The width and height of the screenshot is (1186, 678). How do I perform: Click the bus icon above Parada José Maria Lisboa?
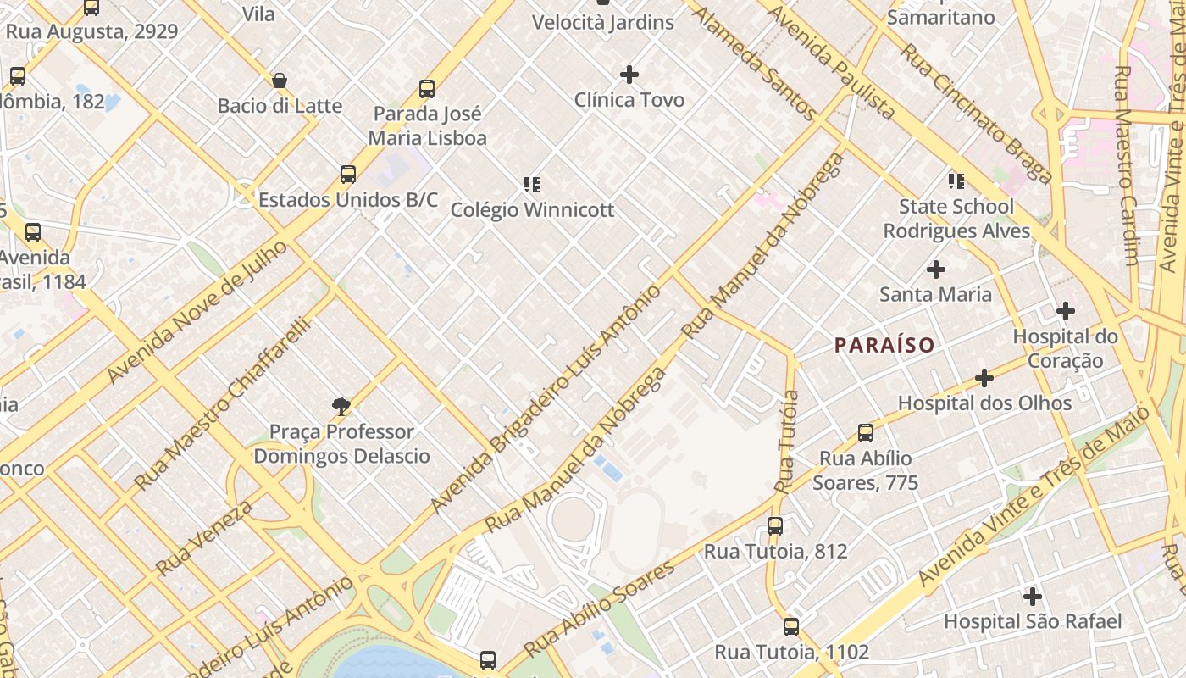pos(427,89)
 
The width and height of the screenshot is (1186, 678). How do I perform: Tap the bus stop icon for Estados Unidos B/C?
pos(347,175)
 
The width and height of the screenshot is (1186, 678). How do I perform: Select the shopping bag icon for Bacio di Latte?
pos(280,81)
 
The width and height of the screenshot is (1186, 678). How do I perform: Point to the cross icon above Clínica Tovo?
pos(629,75)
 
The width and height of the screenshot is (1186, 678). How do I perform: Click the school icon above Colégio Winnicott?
pos(532,184)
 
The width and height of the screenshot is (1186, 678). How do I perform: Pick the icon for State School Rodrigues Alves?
pos(956,181)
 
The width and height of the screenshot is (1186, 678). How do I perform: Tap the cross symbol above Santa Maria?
pos(935,270)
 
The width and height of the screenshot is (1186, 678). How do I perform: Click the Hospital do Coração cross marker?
pos(1065,311)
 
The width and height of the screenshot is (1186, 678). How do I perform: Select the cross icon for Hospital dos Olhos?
pos(984,377)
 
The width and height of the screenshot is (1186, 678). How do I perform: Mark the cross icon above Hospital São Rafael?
pos(1032,596)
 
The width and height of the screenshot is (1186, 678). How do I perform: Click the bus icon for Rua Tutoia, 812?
pos(775,525)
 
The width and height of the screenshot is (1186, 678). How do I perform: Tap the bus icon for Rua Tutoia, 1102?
pos(791,627)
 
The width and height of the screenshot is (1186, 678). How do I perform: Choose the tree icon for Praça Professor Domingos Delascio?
pos(341,407)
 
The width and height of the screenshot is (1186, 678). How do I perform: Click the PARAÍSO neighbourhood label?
pos(884,345)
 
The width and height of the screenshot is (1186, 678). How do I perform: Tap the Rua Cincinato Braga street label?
pos(975,113)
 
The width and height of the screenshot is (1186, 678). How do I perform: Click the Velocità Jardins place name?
pos(602,22)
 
